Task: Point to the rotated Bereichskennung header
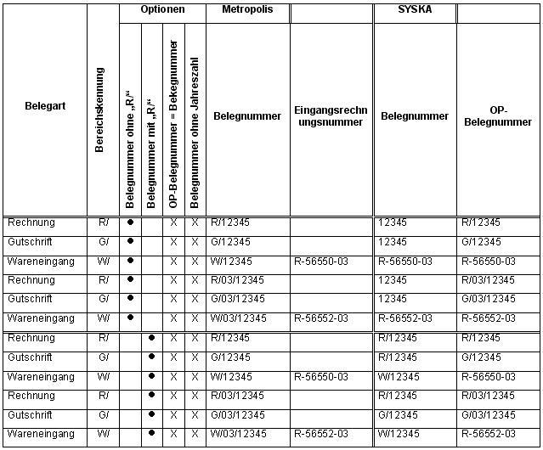click(x=100, y=110)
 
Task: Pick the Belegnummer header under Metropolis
click(x=246, y=116)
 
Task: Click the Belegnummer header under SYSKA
click(x=414, y=116)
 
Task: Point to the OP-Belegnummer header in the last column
click(x=499, y=116)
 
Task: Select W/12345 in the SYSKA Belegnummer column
click(x=399, y=376)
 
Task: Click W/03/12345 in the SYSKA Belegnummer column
click(x=406, y=434)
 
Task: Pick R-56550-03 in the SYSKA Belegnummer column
click(x=405, y=262)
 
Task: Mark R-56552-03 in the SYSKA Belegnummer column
click(x=405, y=318)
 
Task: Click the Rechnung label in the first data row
click(x=31, y=222)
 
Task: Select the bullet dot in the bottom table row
click(x=151, y=434)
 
